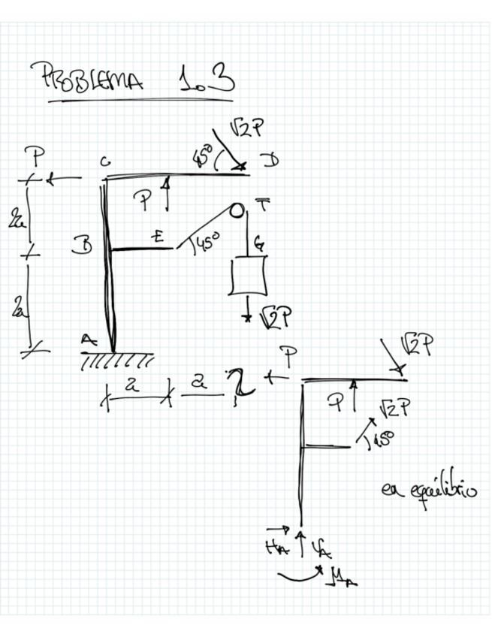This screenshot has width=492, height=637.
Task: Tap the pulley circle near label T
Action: pyautogui.click(x=237, y=210)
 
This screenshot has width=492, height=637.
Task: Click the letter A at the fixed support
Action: pyautogui.click(x=89, y=340)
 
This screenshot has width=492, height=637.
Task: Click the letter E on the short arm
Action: pyautogui.click(x=158, y=237)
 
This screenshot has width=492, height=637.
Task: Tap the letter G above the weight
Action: pyautogui.click(x=258, y=243)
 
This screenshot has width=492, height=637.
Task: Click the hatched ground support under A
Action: pyautogui.click(x=116, y=361)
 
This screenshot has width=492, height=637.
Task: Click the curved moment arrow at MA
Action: pyautogui.click(x=300, y=576)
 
